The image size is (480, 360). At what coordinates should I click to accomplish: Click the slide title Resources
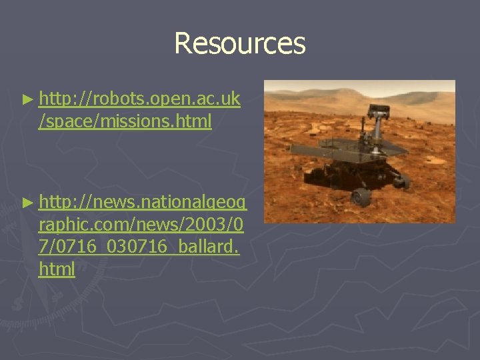point(239,44)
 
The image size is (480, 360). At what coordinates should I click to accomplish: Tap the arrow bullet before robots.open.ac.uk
point(27,100)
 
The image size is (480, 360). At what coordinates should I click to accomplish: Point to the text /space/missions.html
point(125,121)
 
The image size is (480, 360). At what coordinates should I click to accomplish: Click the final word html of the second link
point(57,269)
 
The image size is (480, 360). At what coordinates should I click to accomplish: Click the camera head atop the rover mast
point(381,109)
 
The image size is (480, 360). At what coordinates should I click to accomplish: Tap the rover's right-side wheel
point(401,179)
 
